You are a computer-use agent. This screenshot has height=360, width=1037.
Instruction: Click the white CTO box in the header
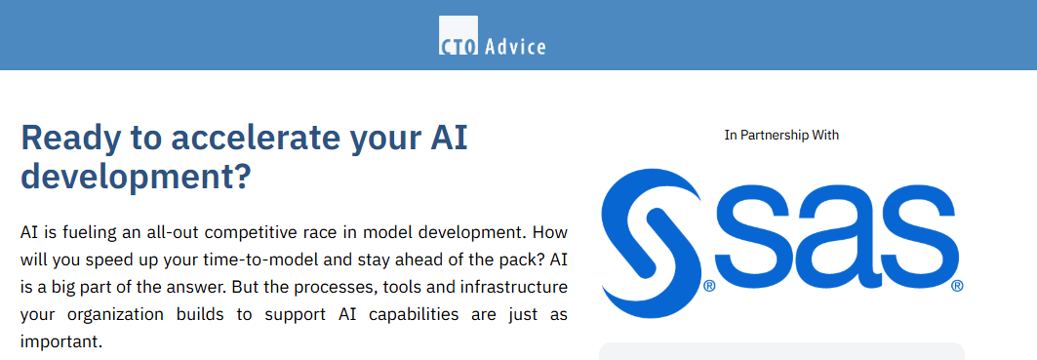459,35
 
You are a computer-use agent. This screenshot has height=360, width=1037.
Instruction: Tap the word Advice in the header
515,46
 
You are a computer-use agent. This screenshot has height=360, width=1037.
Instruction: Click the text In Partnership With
781,135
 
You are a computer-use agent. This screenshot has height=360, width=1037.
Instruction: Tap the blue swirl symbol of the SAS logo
652,243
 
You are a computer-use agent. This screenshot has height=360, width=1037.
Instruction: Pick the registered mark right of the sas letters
957,286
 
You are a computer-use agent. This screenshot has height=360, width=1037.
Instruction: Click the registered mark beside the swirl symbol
709,286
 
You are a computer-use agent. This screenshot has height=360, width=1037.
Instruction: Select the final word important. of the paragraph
61,342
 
